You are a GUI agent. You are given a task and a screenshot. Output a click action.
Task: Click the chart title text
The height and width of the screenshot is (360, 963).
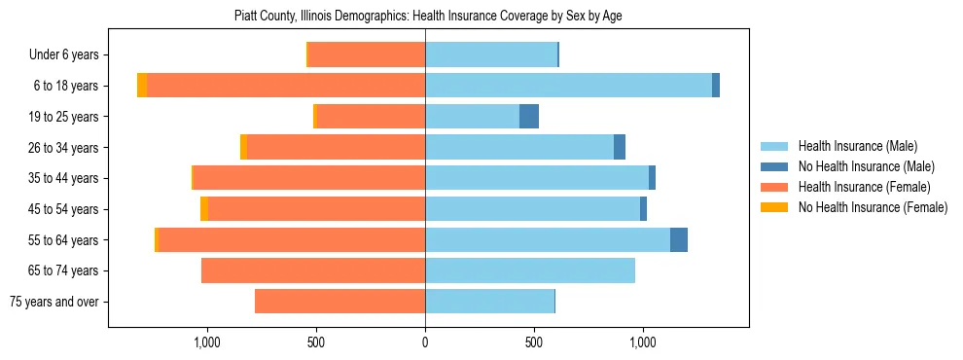(x=426, y=17)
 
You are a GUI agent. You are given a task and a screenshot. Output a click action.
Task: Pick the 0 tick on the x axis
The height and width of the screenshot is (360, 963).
(x=425, y=342)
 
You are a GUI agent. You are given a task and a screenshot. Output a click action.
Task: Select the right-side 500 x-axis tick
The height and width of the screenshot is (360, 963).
(x=533, y=342)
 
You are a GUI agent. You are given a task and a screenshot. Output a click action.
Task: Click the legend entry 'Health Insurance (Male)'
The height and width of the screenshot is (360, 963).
(x=857, y=146)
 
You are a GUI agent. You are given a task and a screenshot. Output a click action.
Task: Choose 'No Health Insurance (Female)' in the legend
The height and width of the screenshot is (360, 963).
(x=873, y=207)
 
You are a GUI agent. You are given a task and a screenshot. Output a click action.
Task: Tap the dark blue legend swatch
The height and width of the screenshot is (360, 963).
(x=775, y=166)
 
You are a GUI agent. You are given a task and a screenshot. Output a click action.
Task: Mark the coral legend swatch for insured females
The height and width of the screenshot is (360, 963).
(x=775, y=187)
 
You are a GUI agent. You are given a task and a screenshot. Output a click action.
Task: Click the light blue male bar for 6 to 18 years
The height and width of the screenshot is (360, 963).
(x=568, y=86)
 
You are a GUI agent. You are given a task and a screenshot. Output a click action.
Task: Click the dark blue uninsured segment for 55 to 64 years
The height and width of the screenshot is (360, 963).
(x=679, y=240)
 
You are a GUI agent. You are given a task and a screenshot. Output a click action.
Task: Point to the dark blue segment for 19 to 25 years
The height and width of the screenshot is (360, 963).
(x=529, y=117)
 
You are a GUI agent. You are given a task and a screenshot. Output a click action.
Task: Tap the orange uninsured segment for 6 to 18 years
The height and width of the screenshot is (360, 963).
(x=142, y=86)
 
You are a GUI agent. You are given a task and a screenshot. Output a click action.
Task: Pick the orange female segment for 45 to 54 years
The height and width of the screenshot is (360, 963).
(x=204, y=209)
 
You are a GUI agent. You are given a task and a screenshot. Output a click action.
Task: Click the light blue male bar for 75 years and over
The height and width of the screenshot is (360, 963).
(x=489, y=302)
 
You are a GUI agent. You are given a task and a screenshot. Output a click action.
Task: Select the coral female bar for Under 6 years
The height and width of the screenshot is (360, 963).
(x=367, y=55)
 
